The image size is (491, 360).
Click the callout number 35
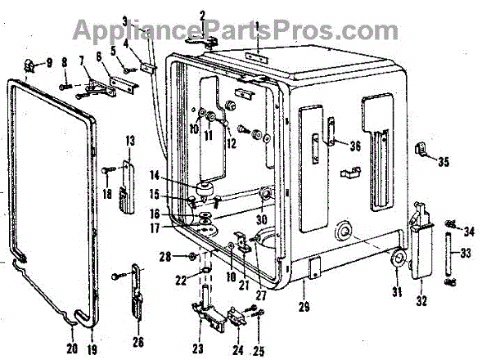(x=444, y=161)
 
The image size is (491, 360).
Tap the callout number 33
(x=466, y=254)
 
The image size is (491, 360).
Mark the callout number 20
(x=71, y=349)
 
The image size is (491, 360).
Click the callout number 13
(x=128, y=142)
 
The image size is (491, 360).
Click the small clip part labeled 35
(x=423, y=148)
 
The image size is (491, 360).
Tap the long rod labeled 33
(x=448, y=254)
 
